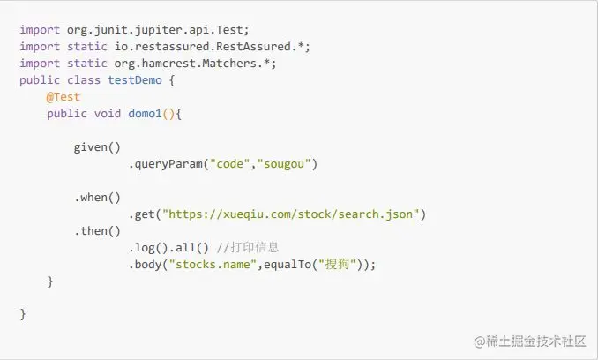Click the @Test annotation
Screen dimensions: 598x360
[64, 97]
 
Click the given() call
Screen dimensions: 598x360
[97, 147]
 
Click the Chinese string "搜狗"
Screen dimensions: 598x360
[340, 265]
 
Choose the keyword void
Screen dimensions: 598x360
[108, 114]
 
